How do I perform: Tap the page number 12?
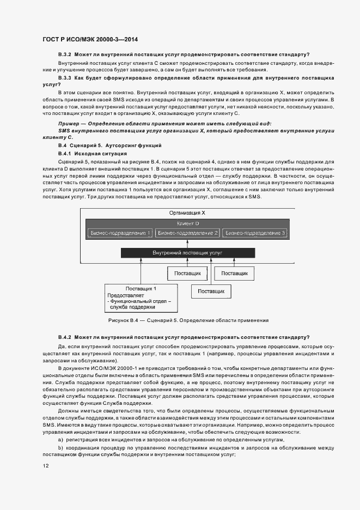click(46, 466)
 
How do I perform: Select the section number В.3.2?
click(65, 54)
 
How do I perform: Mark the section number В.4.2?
click(65, 337)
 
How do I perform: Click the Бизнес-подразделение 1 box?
click(120, 233)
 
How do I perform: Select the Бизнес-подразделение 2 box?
click(187, 233)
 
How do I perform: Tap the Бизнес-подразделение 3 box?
click(255, 233)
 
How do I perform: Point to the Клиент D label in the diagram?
click(188, 223)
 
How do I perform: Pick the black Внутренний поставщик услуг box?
click(187, 253)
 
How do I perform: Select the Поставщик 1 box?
click(141, 298)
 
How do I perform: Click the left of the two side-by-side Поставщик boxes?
click(187, 273)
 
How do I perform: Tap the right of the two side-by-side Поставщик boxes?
click(235, 273)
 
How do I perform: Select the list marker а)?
click(60, 440)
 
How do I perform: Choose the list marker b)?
click(60, 447)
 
